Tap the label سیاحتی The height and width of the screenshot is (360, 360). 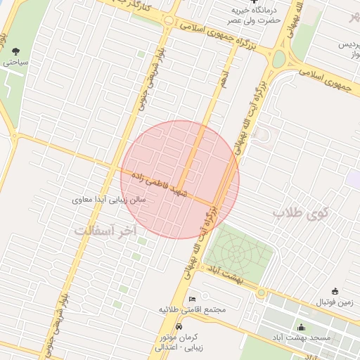15,62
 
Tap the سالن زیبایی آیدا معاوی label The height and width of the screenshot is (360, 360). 109,200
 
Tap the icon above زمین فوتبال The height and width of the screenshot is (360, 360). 335,291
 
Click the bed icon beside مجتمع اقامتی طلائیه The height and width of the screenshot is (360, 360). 193,300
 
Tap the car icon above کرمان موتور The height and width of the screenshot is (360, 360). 179,327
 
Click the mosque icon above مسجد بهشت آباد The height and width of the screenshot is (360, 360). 302,327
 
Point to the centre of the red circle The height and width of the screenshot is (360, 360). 180,179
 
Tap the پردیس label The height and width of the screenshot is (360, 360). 344,44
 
